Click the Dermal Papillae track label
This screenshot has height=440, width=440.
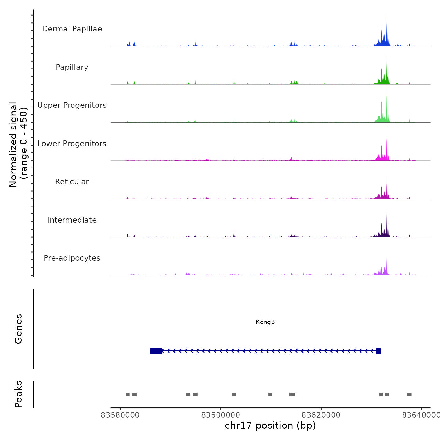(72, 29)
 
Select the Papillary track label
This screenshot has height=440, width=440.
(72, 67)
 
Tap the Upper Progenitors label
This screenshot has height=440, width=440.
(72, 105)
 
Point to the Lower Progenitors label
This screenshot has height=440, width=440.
(72, 144)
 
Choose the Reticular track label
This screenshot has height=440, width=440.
(72, 182)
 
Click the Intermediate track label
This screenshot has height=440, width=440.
(72, 220)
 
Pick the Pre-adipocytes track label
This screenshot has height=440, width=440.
(72, 258)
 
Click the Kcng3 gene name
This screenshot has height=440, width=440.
(265, 322)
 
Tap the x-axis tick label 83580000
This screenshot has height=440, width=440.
(120, 415)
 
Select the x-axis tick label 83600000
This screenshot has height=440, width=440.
(221, 415)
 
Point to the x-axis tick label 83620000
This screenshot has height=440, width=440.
(321, 415)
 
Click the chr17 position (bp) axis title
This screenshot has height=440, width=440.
(270, 426)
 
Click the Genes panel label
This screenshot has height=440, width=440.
(19, 329)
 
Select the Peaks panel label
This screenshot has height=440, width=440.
(19, 394)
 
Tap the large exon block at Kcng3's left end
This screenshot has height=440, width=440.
(156, 351)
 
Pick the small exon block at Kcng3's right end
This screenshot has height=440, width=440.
(378, 351)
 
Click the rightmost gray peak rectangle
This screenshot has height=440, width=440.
(409, 394)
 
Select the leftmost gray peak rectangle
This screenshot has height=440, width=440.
(128, 394)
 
